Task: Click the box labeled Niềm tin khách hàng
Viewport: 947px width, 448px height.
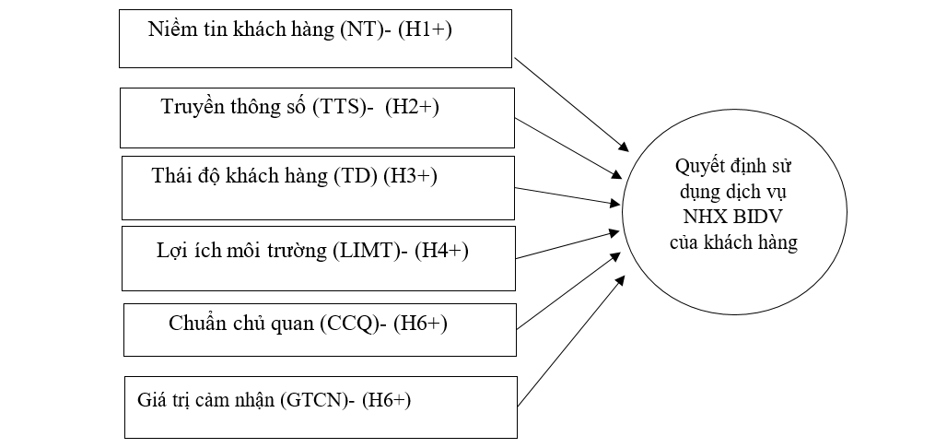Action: coord(314,39)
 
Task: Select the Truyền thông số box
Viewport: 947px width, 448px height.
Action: coord(317,117)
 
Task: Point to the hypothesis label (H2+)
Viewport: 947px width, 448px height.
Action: coord(412,107)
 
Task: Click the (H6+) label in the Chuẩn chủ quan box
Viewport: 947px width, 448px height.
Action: coord(420,324)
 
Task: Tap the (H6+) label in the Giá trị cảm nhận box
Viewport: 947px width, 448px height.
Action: coord(386,400)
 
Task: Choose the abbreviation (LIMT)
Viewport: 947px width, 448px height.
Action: coord(367,250)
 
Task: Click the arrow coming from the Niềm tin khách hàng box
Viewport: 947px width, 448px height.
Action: coord(571,103)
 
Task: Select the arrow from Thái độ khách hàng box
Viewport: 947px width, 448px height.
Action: coord(567,195)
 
